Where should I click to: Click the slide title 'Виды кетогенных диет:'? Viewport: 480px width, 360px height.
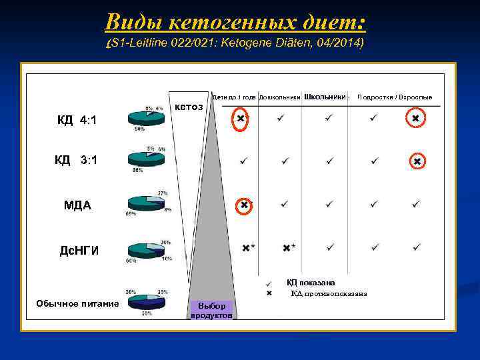tap(235, 23)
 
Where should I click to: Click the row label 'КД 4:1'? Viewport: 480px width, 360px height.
tap(77, 121)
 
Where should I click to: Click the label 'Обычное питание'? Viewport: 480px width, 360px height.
tap(77, 304)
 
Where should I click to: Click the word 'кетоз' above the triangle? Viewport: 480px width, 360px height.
tap(189, 107)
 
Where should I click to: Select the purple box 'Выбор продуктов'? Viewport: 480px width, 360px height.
tap(211, 310)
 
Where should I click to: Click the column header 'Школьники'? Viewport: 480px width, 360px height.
tap(325, 97)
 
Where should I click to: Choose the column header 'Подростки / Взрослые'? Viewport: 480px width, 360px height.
tap(395, 97)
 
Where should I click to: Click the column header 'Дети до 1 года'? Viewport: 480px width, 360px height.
tap(233, 97)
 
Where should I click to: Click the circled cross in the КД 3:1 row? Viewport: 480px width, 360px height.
tap(417, 161)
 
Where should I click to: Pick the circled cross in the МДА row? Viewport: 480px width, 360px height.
tap(245, 205)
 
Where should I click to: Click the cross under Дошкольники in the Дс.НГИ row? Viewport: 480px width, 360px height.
tap(287, 248)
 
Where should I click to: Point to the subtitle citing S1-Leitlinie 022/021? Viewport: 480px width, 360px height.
tap(235, 43)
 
